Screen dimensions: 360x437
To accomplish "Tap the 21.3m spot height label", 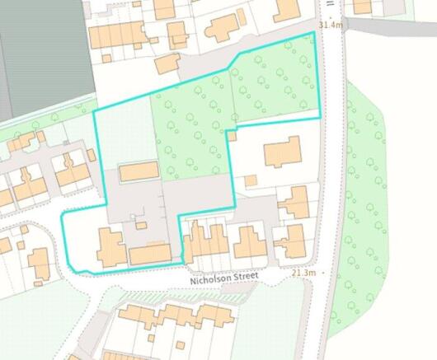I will click(303, 273).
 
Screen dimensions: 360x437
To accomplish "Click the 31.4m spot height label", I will click(330, 26).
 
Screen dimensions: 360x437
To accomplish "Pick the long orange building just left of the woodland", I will click(138, 172).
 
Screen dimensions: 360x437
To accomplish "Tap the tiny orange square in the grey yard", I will click(140, 224).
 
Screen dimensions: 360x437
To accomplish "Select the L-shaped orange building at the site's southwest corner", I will click(110, 248).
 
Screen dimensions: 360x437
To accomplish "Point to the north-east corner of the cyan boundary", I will click(314, 33).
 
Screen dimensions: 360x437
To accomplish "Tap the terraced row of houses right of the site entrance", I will click(206, 241).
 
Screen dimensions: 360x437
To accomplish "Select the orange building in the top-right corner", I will click(363, 7).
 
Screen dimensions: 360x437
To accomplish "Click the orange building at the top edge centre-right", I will click(286, 8).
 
